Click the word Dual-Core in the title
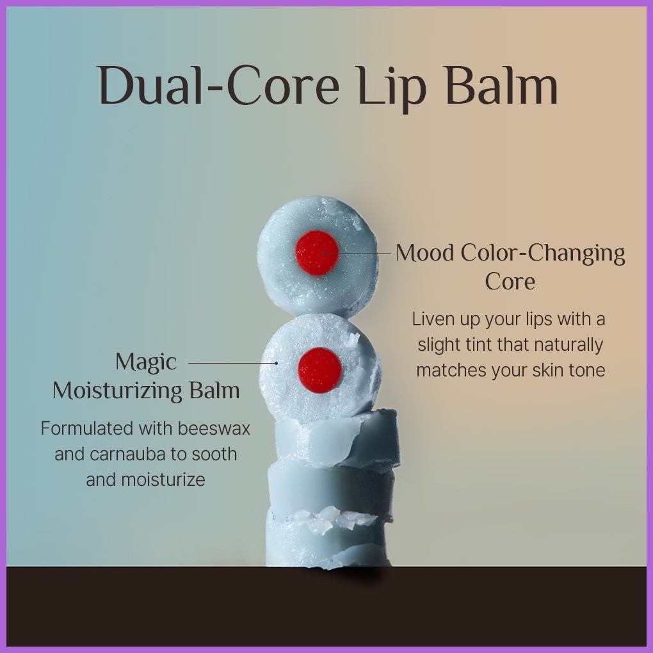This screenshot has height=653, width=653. click(x=219, y=85)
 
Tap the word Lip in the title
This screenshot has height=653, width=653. click(x=391, y=88)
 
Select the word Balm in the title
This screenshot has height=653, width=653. click(x=501, y=85)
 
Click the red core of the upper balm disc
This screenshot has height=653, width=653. click(x=317, y=253)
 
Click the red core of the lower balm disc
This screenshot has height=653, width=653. click(x=319, y=370)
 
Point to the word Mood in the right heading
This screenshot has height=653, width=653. click(x=425, y=253)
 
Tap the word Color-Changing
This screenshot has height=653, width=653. click(x=543, y=254)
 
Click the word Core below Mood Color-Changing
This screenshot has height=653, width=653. click(x=510, y=281)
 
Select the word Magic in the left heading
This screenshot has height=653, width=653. click(x=146, y=362)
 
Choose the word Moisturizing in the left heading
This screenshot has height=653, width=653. click(x=117, y=391)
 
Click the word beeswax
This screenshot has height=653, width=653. click(x=214, y=428)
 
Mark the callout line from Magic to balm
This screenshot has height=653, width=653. click(x=233, y=363)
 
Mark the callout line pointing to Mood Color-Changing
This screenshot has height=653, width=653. click(x=357, y=253)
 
